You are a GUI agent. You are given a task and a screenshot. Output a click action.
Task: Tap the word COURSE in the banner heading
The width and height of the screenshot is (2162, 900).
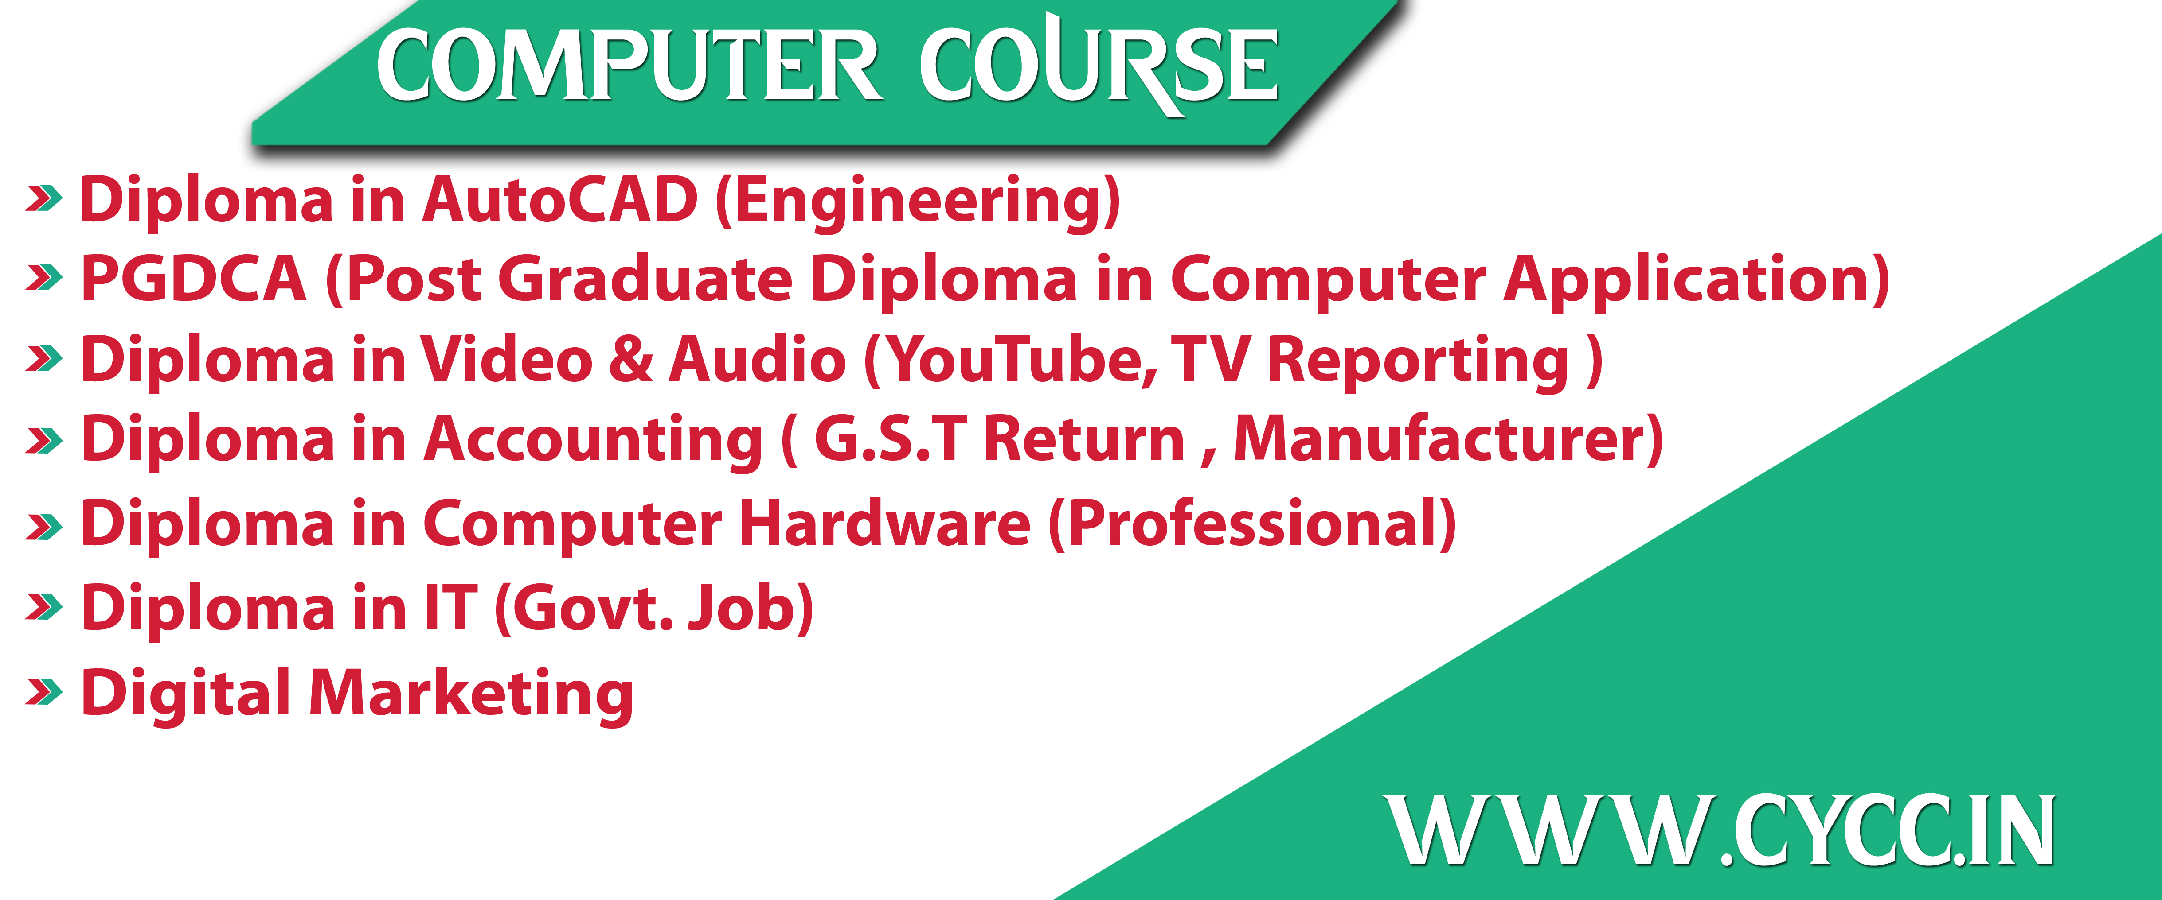coord(1099,65)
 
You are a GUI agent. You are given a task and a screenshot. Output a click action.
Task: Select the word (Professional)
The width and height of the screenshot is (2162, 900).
coord(1252,524)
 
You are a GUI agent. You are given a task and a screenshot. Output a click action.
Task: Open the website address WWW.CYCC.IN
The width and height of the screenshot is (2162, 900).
coord(1719,830)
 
